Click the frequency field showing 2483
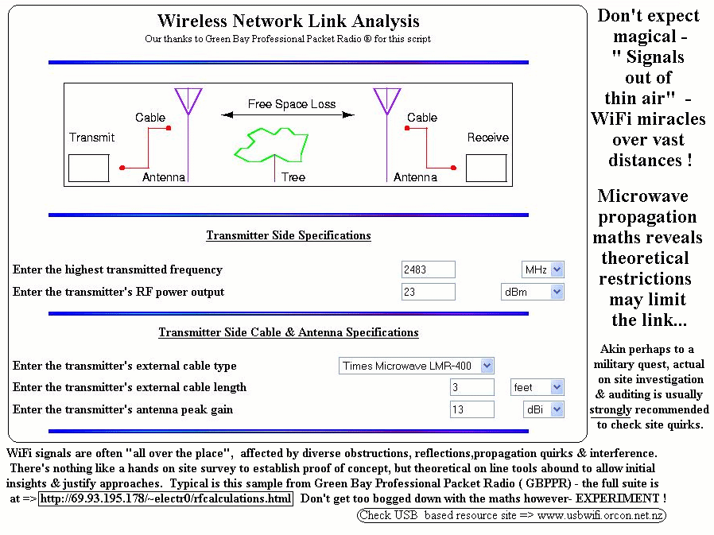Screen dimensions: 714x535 (x=428, y=269)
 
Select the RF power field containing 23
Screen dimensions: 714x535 (x=428, y=292)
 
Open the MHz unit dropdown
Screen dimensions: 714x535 (x=543, y=269)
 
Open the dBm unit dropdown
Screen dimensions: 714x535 (x=532, y=292)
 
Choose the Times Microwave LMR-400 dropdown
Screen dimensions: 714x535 (x=416, y=366)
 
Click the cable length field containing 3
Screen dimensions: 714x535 (x=471, y=387)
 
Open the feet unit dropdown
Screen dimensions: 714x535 (x=537, y=387)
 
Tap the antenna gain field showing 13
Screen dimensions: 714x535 (x=471, y=409)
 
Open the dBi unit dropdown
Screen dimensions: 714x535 (x=544, y=409)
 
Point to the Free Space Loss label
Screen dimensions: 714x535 (x=292, y=104)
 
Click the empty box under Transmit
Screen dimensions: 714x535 (x=89, y=168)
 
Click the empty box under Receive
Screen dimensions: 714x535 (x=487, y=168)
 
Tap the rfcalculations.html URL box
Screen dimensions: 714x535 (x=165, y=498)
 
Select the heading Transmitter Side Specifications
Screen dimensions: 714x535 (x=289, y=235)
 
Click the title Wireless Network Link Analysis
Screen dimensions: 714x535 (x=289, y=21)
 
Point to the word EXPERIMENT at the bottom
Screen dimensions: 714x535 (x=617, y=498)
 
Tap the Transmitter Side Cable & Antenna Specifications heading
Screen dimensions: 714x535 (x=289, y=332)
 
